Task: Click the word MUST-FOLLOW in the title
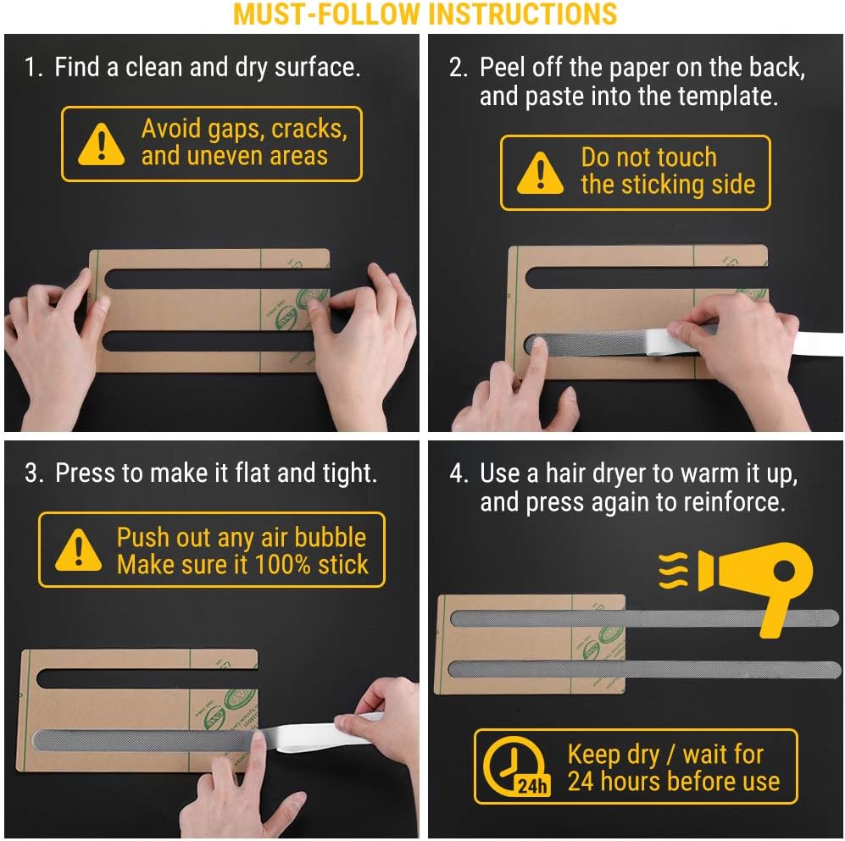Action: pos(326,14)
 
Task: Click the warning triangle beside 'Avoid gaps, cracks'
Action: pos(102,144)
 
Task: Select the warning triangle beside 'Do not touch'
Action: pos(540,173)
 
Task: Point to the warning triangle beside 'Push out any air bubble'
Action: pos(78,550)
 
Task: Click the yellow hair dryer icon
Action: pos(755,588)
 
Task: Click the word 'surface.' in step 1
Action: pos(318,68)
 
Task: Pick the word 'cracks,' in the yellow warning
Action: pos(309,130)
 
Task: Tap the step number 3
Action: pos(33,473)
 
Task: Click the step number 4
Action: pos(459,473)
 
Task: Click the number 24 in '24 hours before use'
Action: pos(581,781)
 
